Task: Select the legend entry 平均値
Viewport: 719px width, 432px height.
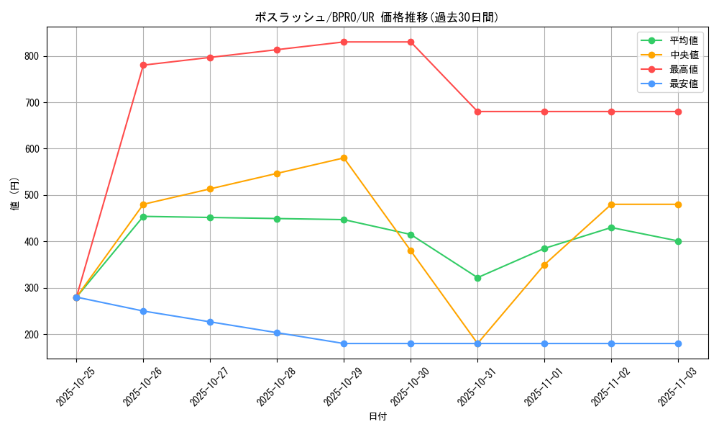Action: pyautogui.click(x=683, y=40)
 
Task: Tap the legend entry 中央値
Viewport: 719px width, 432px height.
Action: pyautogui.click(x=683, y=55)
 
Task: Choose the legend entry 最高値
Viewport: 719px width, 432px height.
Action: pyautogui.click(x=683, y=69)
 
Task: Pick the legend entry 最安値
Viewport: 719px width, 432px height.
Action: pyautogui.click(x=683, y=84)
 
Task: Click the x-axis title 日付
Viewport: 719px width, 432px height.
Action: pyautogui.click(x=377, y=417)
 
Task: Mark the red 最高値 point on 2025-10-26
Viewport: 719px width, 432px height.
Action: pyautogui.click(x=143, y=66)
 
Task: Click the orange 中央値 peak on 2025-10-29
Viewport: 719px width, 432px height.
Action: pyautogui.click(x=344, y=158)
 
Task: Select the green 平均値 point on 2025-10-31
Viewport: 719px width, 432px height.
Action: pyautogui.click(x=477, y=278)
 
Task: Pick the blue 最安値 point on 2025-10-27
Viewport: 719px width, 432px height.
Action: pyautogui.click(x=210, y=322)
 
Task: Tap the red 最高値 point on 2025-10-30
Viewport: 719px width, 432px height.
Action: pyautogui.click(x=411, y=42)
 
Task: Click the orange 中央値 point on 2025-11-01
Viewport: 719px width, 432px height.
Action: pyautogui.click(x=544, y=265)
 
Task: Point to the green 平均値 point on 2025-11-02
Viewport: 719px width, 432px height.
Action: pyautogui.click(x=611, y=228)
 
